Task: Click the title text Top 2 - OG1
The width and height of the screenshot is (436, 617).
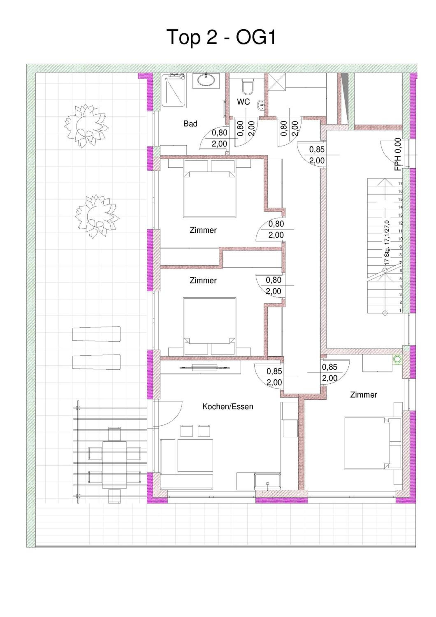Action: (221, 37)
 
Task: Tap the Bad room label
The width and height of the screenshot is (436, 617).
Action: (190, 124)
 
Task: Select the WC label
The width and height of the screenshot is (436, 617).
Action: (243, 102)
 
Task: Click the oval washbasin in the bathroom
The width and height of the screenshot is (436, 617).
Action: (206, 80)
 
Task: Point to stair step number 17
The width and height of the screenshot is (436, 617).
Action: (400, 183)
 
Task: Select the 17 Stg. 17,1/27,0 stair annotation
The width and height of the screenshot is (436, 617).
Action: (387, 242)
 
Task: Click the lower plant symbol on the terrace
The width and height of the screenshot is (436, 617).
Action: (97, 216)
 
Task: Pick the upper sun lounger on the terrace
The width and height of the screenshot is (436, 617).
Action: (96, 334)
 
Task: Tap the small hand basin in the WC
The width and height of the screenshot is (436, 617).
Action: (261, 105)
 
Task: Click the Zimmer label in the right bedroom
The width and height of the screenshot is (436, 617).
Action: (363, 395)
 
